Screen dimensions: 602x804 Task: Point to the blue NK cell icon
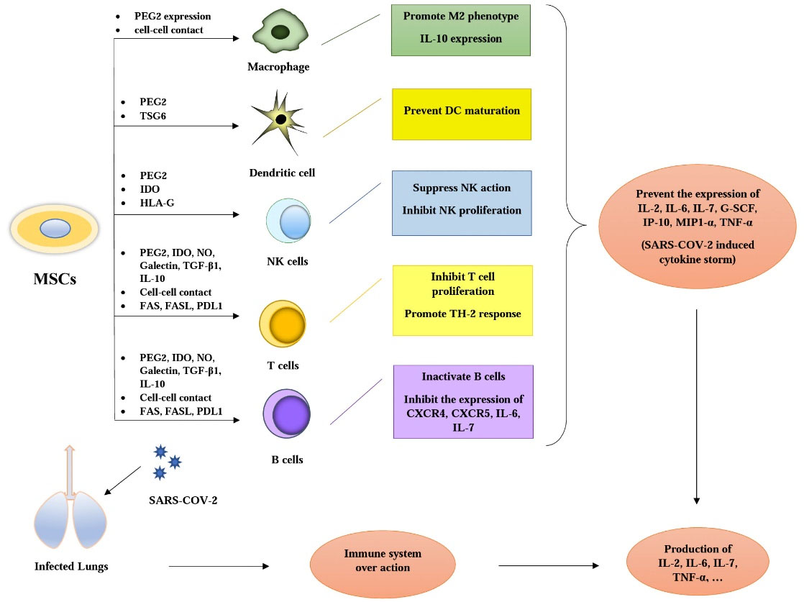click(289, 221)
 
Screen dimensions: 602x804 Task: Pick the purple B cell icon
click(288, 414)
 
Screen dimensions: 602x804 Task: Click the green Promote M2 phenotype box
click(461, 30)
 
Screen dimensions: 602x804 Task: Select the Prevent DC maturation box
click(461, 114)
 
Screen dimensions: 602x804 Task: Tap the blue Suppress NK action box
click(461, 203)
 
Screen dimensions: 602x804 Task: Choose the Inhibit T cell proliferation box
click(462, 300)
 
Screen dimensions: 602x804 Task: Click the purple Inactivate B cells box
click(463, 401)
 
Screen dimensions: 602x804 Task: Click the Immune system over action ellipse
click(382, 561)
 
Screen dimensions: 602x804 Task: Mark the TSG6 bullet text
click(155, 115)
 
